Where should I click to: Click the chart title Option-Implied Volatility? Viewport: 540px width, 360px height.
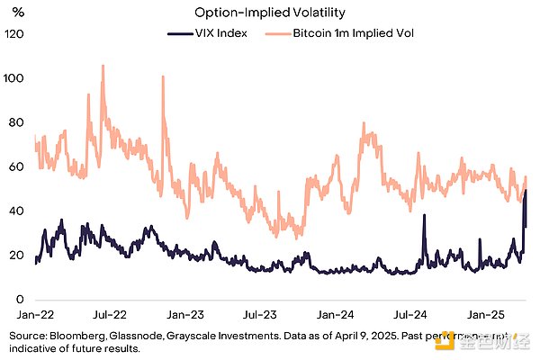pos(269,13)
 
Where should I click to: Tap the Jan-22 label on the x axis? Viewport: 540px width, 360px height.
pos(32,316)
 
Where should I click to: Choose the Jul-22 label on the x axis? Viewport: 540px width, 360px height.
pos(109,316)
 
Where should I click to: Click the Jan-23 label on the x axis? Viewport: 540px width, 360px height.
pos(185,316)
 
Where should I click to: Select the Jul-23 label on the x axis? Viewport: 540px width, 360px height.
pos(261,316)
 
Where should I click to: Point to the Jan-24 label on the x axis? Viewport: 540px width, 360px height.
pos(337,316)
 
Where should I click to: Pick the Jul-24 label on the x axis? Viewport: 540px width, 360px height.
pos(413,316)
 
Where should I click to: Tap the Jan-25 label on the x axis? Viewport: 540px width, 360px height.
pos(490,316)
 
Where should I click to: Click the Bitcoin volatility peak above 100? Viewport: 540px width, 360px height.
pos(103,66)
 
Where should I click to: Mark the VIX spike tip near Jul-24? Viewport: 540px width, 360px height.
pos(424,215)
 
